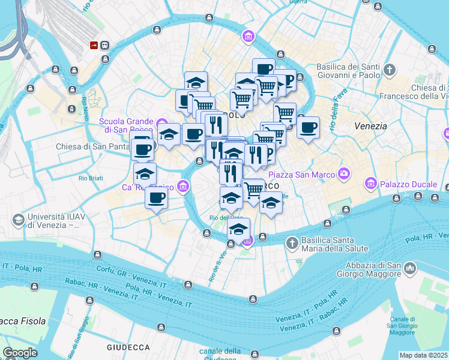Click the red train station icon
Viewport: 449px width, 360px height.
(x=94, y=45)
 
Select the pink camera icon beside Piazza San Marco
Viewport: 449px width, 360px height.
(x=344, y=174)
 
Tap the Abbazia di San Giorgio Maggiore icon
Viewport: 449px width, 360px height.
(x=410, y=267)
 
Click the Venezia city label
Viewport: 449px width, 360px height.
(x=370, y=127)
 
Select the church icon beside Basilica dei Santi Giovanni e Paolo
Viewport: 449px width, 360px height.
(x=390, y=70)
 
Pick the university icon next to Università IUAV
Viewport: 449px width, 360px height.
(x=18, y=220)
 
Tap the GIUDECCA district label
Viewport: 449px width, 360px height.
(x=128, y=347)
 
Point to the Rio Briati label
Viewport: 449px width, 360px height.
(x=91, y=178)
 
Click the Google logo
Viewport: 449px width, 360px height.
(x=20, y=353)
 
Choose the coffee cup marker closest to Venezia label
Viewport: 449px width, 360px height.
(x=308, y=127)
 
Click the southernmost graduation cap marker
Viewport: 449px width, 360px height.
(x=238, y=229)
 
